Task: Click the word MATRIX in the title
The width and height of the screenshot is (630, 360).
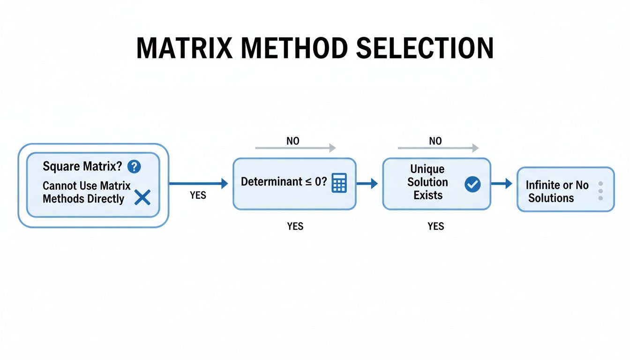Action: pos(189,48)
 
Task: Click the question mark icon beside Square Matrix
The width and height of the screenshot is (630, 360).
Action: pos(134,166)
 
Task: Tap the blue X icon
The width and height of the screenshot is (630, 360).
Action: pos(142,198)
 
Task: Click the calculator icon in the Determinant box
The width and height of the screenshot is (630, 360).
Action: pos(339,183)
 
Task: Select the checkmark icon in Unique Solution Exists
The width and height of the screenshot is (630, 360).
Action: pos(472,184)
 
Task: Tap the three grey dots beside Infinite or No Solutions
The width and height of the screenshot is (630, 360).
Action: pos(600,191)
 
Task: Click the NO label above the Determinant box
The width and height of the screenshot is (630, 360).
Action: pos(292,141)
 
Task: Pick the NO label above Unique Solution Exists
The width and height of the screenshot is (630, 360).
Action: pos(435,141)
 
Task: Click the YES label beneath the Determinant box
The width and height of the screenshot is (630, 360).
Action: pos(295,226)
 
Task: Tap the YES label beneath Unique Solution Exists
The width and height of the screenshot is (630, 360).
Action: pos(435,226)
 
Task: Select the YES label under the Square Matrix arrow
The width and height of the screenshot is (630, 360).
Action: pos(198,195)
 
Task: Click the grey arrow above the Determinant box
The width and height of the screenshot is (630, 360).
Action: pos(295,148)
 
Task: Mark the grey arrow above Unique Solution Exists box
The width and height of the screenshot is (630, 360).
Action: pos(438,148)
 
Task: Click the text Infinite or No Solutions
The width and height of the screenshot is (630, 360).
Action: pos(556,191)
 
